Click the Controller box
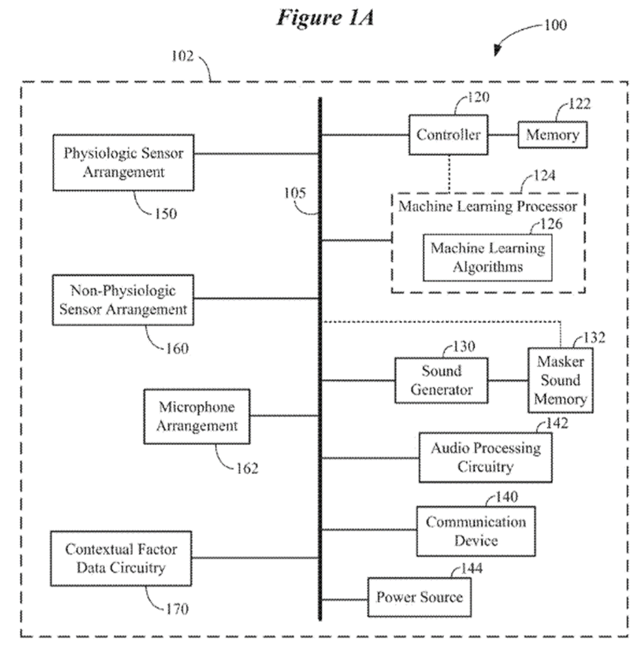[448, 135]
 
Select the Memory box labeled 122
[552, 135]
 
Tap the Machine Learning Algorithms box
[487, 257]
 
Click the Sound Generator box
[441, 380]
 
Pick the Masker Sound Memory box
[560, 380]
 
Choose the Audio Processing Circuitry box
[485, 458]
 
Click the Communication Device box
[475, 531]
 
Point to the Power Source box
[419, 597]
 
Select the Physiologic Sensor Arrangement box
[123, 162]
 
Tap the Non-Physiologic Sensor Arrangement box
[123, 300]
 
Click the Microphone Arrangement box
[197, 416]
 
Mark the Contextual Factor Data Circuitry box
[121, 558]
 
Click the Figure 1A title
[325, 18]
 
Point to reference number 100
[554, 26]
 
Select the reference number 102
[183, 57]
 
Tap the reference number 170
[176, 609]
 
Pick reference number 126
[551, 224]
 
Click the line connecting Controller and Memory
[503, 135]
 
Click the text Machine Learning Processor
[487, 206]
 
